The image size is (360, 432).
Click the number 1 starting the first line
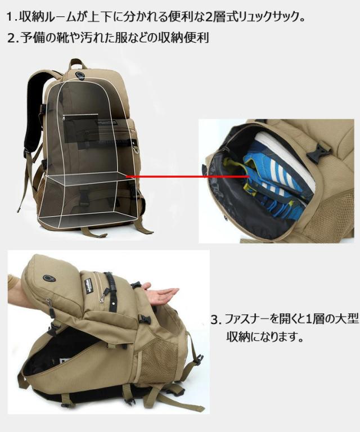pyautogui.click(x=10, y=16)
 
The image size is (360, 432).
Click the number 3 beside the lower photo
pyautogui.click(x=214, y=319)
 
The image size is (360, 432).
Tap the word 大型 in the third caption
pyautogui.click(x=346, y=319)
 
